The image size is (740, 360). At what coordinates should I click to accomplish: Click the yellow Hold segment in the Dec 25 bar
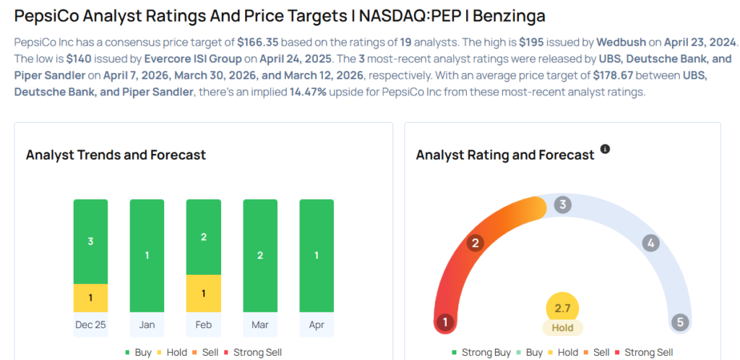[90, 298]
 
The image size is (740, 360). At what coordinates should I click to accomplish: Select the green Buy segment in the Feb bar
[203, 237]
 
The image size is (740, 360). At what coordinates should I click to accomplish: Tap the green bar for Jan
[147, 255]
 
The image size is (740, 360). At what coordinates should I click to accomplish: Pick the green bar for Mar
[260, 255]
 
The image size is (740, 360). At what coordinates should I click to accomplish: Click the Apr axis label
[317, 325]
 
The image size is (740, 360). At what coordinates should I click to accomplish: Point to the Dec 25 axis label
[90, 325]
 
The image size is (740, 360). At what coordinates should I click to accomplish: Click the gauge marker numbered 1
[446, 322]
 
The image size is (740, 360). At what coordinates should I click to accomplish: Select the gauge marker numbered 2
[475, 243]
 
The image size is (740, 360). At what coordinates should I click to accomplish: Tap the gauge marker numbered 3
[562, 205]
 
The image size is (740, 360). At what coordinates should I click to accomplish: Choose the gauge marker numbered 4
[650, 243]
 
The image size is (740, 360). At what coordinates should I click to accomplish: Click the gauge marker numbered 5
[679, 322]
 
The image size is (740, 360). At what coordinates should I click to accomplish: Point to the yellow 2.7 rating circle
[562, 308]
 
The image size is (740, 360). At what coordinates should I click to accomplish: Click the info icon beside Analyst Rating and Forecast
[606, 149]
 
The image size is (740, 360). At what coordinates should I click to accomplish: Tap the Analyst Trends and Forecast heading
[116, 155]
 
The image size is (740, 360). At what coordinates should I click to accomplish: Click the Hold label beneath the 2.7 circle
[562, 328]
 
